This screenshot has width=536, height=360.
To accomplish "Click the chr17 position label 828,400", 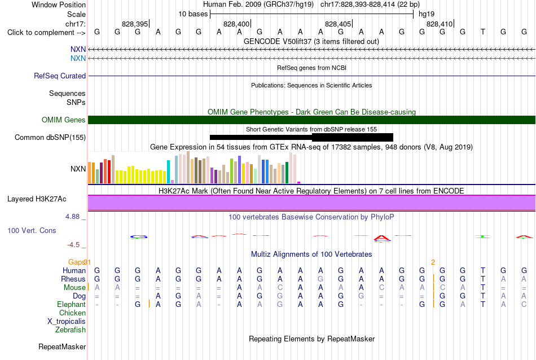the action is (x=236, y=24).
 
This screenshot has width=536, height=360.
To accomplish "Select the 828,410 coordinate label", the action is (x=440, y=24).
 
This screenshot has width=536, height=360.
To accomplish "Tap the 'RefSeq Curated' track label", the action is (x=60, y=76).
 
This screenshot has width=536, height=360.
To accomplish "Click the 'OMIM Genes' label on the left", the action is (x=64, y=120).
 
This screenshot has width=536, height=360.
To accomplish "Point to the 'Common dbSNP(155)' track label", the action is (x=50, y=138).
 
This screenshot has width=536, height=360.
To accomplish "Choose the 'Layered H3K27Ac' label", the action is (x=37, y=199).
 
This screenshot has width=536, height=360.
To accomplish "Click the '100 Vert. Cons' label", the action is (x=32, y=230).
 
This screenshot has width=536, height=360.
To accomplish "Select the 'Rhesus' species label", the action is (x=73, y=279).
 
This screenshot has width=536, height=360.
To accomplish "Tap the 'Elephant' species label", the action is (x=72, y=304).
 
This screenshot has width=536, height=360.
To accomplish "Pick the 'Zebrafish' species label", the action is (x=71, y=330).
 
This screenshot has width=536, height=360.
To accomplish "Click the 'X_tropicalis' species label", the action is (x=67, y=322).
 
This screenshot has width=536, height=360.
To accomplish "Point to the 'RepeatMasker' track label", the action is (x=62, y=346).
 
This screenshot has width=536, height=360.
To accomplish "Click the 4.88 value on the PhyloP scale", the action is (x=72, y=217).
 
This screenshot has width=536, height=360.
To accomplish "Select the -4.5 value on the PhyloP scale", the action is (x=73, y=245).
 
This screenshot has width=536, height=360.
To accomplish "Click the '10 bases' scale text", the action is (x=193, y=14).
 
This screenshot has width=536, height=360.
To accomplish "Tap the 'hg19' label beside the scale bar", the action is (x=427, y=14).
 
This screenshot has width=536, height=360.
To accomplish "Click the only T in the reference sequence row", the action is (x=482, y=32).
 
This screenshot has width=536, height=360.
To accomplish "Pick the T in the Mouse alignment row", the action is (x=482, y=288).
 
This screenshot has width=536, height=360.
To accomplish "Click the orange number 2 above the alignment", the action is (x=433, y=262).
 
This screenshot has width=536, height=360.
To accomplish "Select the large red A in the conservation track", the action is (x=381, y=238).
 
